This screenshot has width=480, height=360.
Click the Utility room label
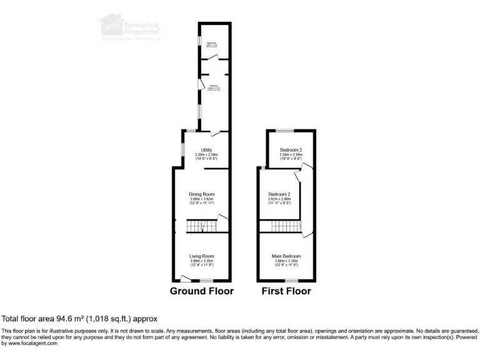click(206, 150)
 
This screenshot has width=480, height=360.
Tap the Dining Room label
click(202, 194)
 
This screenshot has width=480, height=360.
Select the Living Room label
click(202, 256)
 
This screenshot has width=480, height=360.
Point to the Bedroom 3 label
click(291, 150)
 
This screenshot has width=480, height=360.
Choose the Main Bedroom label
click(286, 256)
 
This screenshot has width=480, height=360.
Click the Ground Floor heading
click(202, 291)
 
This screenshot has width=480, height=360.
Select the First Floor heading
click(286, 291)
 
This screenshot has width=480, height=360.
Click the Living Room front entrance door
click(185, 277)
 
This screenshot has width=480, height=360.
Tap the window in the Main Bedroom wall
click(290, 281)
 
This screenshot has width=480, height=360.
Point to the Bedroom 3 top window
click(285, 130)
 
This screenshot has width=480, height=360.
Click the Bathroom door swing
click(212, 58)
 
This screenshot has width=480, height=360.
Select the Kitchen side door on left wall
click(200, 85)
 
